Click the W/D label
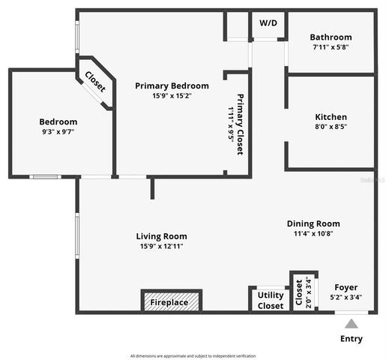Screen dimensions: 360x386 point(268,23)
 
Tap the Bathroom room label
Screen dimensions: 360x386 point(331,37)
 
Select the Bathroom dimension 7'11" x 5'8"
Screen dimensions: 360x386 point(331,47)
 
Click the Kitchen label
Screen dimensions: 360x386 point(331,117)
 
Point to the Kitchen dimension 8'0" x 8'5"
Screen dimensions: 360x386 point(331,127)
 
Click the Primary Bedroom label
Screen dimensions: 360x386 point(172,86)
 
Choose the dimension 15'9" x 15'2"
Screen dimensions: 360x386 point(172,96)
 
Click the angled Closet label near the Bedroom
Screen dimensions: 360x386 point(94,81)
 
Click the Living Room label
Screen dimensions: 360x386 point(161,236)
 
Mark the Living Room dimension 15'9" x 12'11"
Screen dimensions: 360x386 point(161,246)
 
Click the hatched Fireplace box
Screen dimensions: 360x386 point(172,301)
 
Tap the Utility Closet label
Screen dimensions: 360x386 point(271,300)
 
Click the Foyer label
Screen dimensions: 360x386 point(346,287)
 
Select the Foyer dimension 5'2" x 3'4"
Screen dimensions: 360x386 point(346,297)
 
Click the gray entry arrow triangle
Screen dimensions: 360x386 point(350,324)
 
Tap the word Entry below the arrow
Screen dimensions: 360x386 point(351,339)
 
